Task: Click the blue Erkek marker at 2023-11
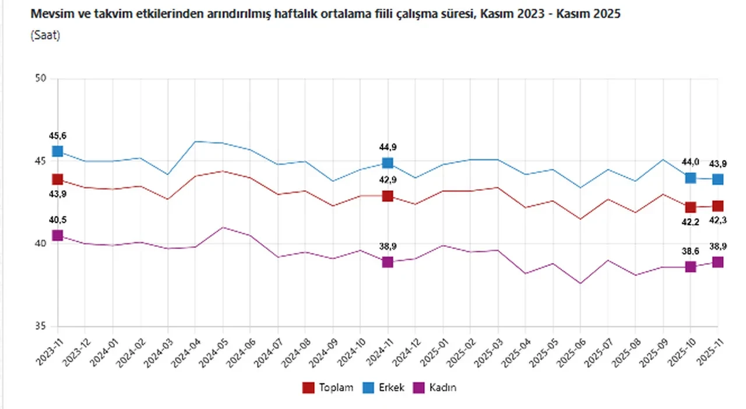coord(57,151)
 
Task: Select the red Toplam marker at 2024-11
coord(388,196)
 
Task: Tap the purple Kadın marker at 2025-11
coord(717,262)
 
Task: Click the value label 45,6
coord(57,136)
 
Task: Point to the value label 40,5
coord(57,220)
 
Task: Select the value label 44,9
coord(388,148)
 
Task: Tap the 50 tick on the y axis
coord(40,79)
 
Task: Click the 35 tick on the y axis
coord(40,327)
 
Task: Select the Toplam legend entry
coord(335,387)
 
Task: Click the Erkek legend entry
coord(391,387)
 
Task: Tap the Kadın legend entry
coord(442,387)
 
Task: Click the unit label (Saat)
coord(45,35)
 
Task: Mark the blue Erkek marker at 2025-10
coord(690,178)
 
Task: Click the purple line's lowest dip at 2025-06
coord(580,283)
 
